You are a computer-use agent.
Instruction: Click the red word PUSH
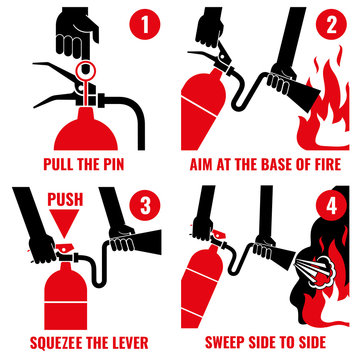tap(66, 201)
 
